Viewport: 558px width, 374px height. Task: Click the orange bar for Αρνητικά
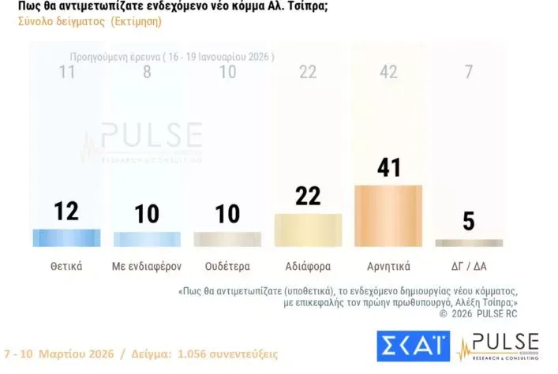point(388,215)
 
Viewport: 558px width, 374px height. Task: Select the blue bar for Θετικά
point(66,237)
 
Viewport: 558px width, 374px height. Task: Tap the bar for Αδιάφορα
point(308,230)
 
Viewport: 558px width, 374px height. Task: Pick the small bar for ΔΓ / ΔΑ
point(469,243)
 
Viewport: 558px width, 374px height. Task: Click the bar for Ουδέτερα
point(227,239)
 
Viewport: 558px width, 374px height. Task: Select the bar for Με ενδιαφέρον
point(147,239)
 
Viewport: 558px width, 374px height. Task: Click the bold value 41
point(389,167)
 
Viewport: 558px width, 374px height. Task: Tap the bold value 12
point(66,211)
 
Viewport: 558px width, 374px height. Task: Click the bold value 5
point(469,222)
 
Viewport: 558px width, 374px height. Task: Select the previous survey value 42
point(388,73)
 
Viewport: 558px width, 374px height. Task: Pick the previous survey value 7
point(469,73)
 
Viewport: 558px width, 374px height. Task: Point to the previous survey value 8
point(147,73)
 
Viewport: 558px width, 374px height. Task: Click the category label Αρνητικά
point(388,266)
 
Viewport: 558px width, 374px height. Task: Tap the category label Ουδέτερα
point(227,266)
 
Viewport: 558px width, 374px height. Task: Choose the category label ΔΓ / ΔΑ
point(469,266)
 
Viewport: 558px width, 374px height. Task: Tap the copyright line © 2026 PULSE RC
point(482,313)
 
